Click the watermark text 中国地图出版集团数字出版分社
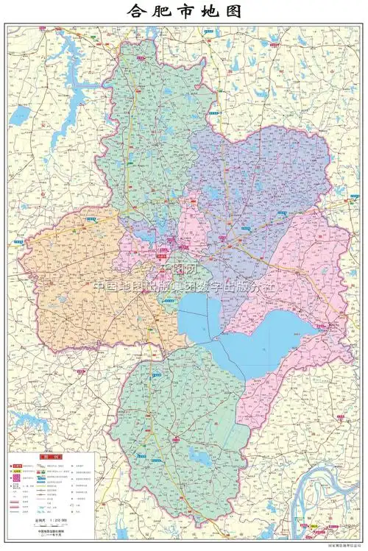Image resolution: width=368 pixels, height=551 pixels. (184, 287)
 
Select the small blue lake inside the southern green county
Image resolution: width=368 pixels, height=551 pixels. (199, 459)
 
